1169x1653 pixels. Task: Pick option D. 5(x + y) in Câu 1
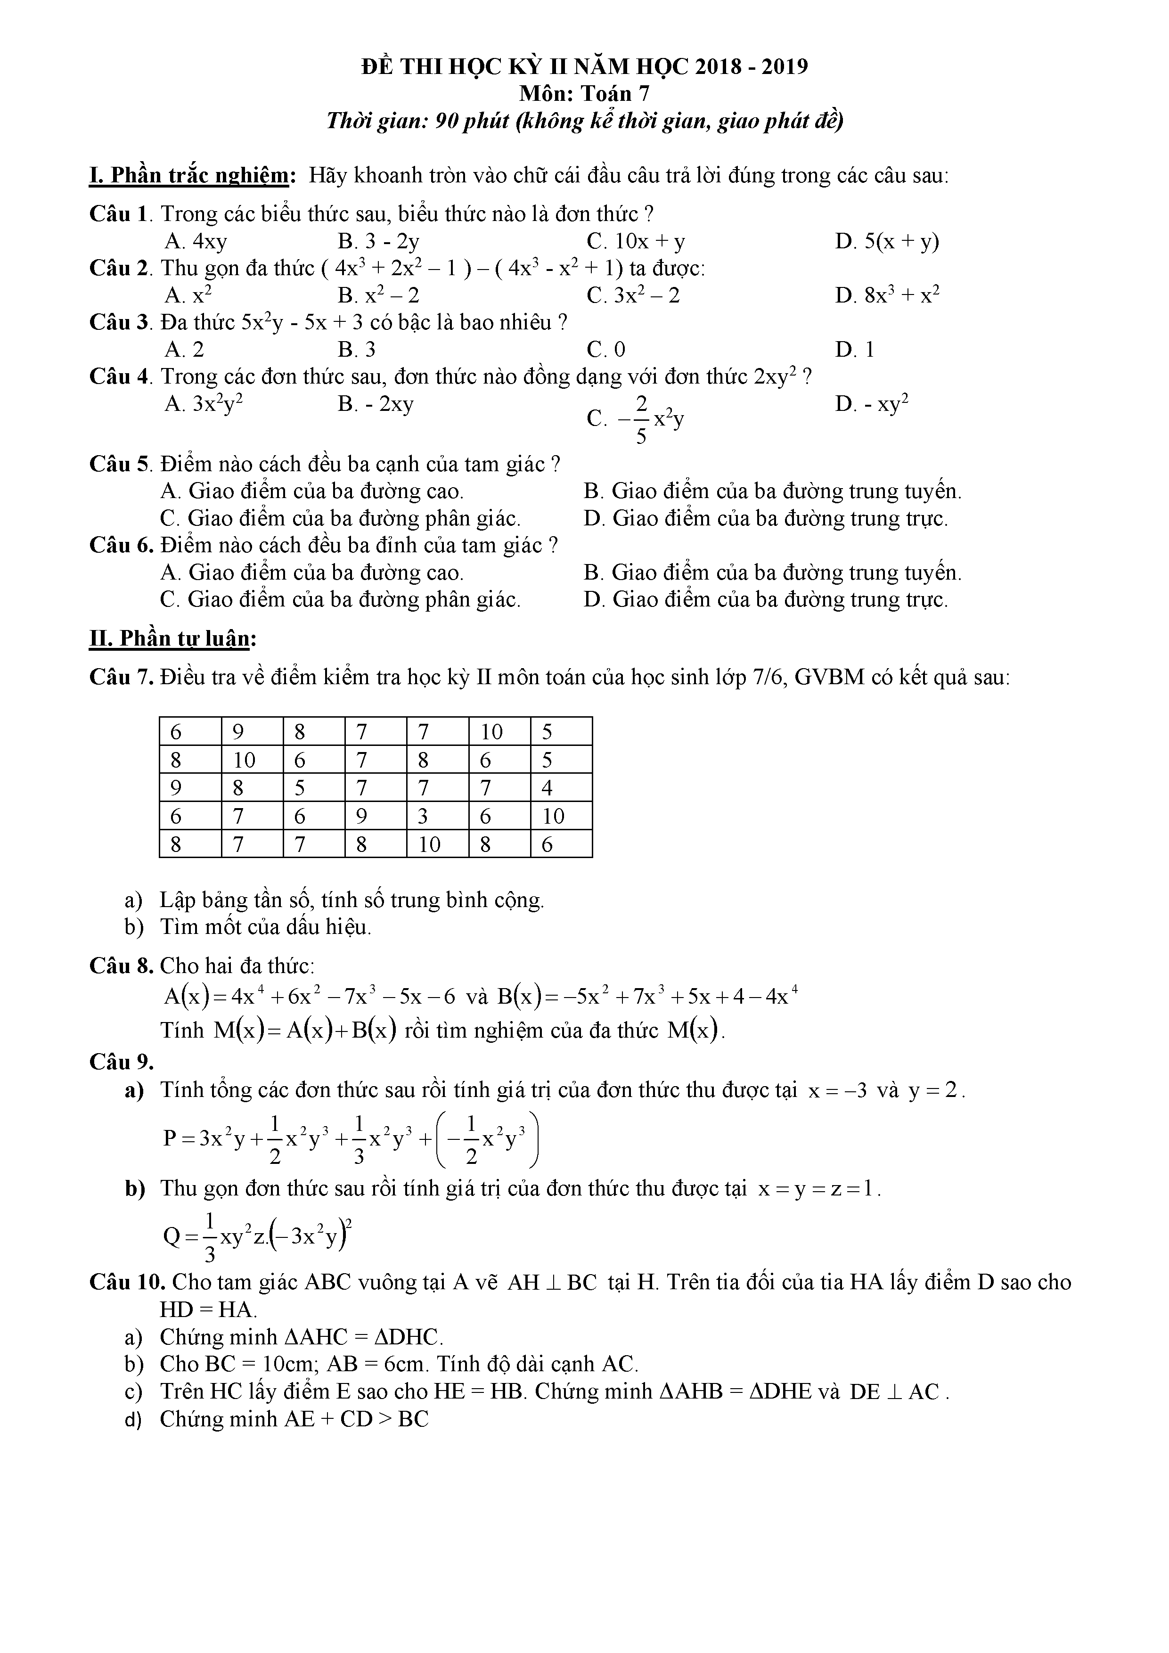pyautogui.click(x=887, y=241)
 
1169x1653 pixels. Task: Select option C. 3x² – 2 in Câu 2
pyautogui.click(x=633, y=295)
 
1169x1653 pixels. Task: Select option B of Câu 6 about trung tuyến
pyautogui.click(x=772, y=573)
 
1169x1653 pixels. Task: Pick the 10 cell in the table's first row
pyautogui.click(x=491, y=732)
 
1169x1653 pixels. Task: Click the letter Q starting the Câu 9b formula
pyautogui.click(x=173, y=1237)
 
